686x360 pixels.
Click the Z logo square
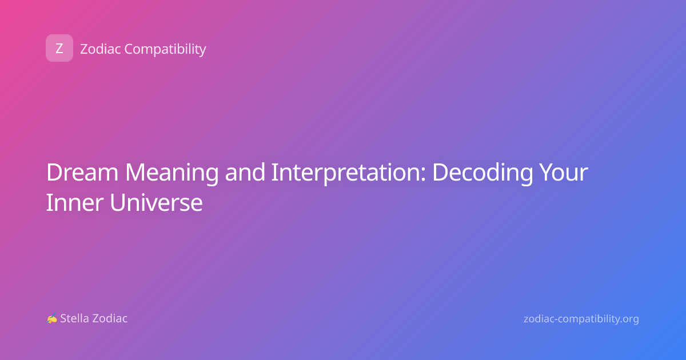click(x=59, y=48)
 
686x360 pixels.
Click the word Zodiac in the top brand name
click(x=101, y=49)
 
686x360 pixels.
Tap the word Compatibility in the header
click(x=165, y=50)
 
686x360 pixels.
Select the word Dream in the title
click(x=82, y=173)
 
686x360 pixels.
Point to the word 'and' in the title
click(x=245, y=173)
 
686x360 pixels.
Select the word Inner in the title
click(x=74, y=203)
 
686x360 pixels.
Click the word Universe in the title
click(x=156, y=203)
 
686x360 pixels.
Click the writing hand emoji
click(x=52, y=318)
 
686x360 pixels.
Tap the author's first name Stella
click(x=74, y=318)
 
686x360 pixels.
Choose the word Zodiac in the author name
click(x=109, y=318)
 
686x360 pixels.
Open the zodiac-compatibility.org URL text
click(x=581, y=319)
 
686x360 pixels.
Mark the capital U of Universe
click(x=118, y=203)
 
